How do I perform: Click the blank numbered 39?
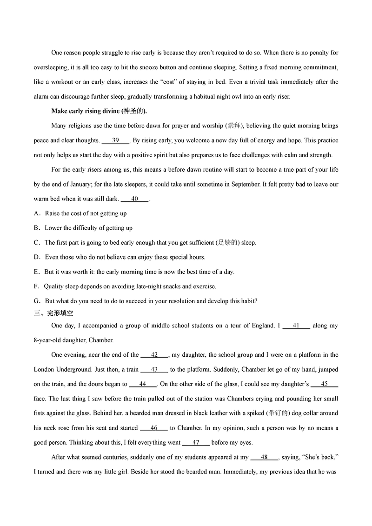click(115, 140)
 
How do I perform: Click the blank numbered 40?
click(134, 199)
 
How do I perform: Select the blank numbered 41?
click(296, 326)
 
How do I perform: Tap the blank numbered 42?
click(154, 355)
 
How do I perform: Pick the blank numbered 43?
click(154, 369)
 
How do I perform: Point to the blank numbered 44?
click(143, 384)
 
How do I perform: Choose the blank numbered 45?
click(324, 384)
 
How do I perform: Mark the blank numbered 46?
click(154, 427)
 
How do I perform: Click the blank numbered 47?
click(196, 442)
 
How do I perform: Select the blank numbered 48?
click(264, 457)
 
